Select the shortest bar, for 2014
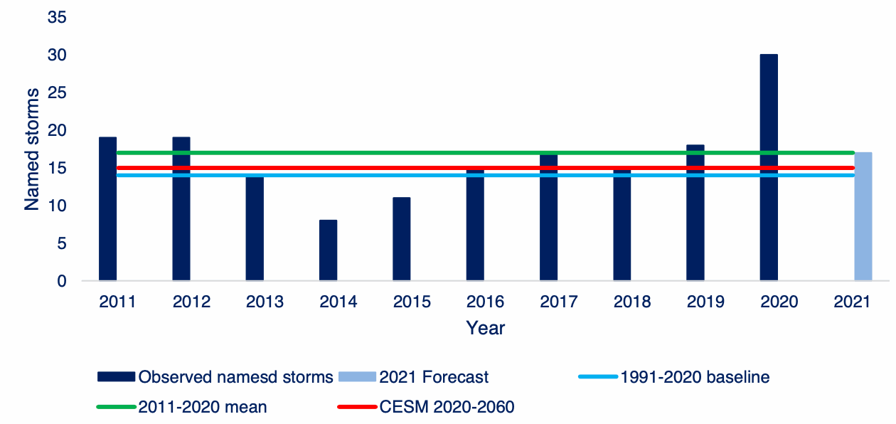(328, 250)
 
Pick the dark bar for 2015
(401, 238)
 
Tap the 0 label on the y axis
(62, 281)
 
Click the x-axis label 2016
(485, 302)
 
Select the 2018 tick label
(632, 302)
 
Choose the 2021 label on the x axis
(852, 302)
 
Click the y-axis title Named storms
(32, 149)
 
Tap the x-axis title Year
(485, 328)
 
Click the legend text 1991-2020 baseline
(695, 377)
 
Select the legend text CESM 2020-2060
(447, 407)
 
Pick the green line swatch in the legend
(115, 407)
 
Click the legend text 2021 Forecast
(434, 377)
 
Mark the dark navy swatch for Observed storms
(115, 377)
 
